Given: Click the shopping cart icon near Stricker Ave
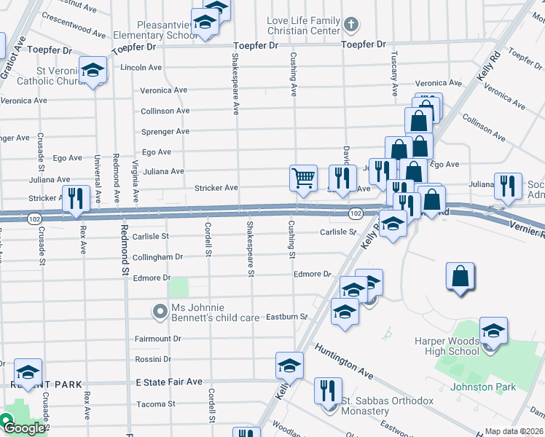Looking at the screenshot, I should [x=303, y=178].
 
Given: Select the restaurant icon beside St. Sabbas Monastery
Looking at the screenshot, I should [x=328, y=390].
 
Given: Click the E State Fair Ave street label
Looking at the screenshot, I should [x=169, y=382].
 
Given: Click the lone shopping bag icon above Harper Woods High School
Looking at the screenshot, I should [x=460, y=277].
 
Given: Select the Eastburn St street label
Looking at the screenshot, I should [x=287, y=318].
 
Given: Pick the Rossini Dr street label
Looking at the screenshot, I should [x=153, y=360].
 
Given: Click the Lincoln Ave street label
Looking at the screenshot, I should [x=141, y=67].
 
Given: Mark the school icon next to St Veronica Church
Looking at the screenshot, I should [x=93, y=70].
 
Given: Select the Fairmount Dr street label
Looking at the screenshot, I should [x=157, y=339].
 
